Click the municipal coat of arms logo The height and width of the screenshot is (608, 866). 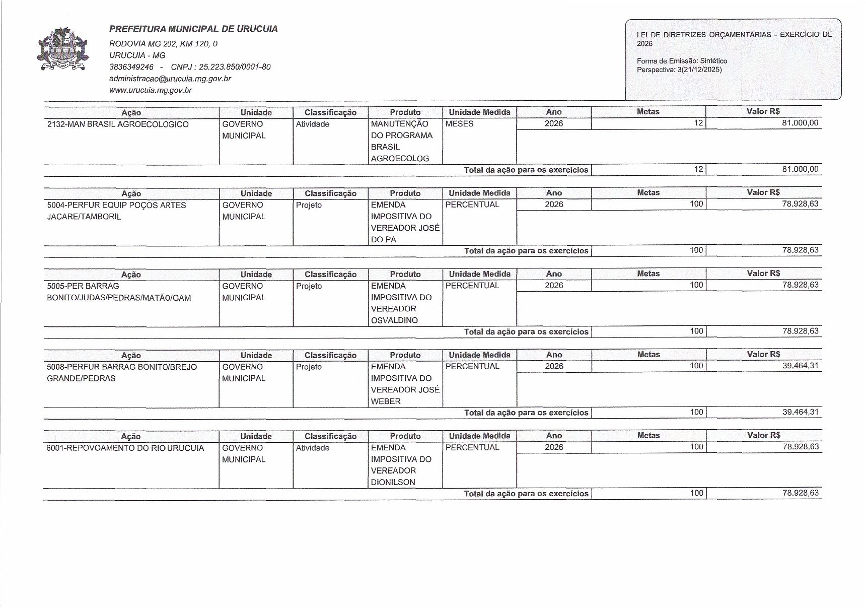pyautogui.click(x=63, y=50)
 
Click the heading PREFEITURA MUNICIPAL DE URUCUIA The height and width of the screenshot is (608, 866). pyautogui.click(x=193, y=29)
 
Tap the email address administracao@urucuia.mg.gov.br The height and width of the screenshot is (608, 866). pyautogui.click(x=170, y=79)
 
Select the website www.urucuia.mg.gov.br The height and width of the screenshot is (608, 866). pyautogui.click(x=150, y=90)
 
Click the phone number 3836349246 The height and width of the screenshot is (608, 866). pyautogui.click(x=131, y=67)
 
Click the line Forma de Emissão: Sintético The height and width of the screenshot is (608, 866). pyautogui.click(x=682, y=61)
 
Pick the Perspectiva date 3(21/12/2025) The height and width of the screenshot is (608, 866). pyautogui.click(x=699, y=70)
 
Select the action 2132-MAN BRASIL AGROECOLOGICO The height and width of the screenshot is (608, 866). pyautogui.click(x=118, y=124)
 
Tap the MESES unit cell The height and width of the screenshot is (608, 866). pyautogui.click(x=459, y=124)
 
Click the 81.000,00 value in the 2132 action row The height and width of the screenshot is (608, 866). pyautogui.click(x=800, y=123)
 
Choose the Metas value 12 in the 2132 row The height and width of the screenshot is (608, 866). pyautogui.click(x=698, y=123)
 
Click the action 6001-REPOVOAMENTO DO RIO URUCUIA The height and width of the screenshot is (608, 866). pyautogui.click(x=125, y=448)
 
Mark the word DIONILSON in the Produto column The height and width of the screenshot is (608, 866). pyautogui.click(x=393, y=482)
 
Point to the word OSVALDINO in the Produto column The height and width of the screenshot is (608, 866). pyautogui.click(x=394, y=320)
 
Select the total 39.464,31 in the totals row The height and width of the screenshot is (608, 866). pyautogui.click(x=800, y=412)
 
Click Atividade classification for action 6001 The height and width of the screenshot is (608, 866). pyautogui.click(x=312, y=448)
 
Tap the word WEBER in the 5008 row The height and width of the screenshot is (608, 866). pyautogui.click(x=386, y=401)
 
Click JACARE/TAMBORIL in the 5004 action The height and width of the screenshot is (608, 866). pyautogui.click(x=84, y=217)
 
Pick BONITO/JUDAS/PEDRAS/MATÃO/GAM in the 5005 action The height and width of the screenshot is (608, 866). pyautogui.click(x=119, y=298)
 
